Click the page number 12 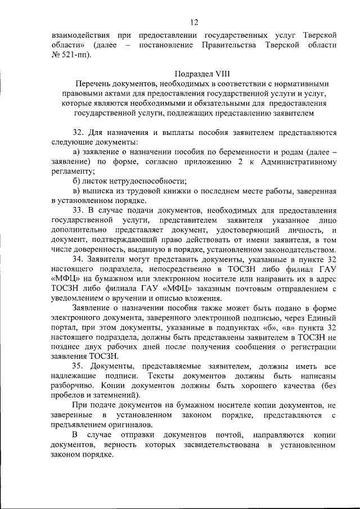pos(194,22)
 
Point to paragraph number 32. pos(78,133)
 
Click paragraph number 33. pos(78,209)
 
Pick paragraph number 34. pos(78,259)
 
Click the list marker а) pos(77,153)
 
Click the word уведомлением pos(76,298)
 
